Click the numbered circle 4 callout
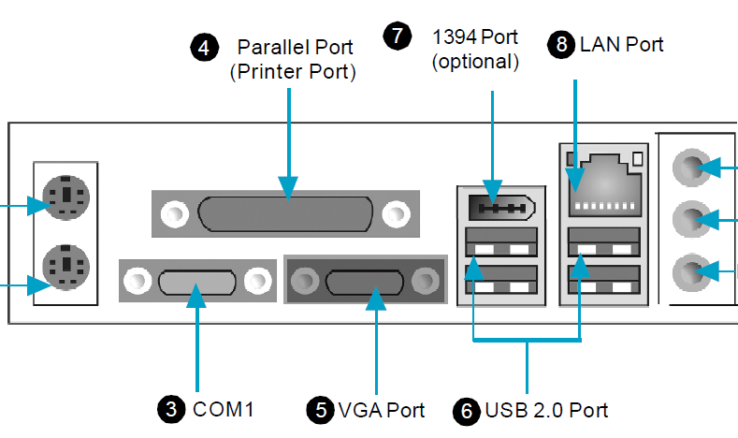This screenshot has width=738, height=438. point(204,47)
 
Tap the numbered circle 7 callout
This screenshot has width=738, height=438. point(398,36)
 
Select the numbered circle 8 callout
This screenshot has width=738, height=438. point(561,45)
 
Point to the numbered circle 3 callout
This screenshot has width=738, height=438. point(169,409)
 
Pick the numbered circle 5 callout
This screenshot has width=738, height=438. point(321,409)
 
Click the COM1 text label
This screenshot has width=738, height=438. point(224,409)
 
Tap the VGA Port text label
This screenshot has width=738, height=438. point(382,409)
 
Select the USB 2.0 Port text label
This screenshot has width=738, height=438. point(547,410)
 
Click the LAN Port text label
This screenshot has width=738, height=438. point(622,44)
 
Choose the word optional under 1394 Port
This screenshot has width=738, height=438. point(474,63)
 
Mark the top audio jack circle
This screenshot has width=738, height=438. point(690,168)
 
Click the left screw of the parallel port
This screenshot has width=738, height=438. point(174,213)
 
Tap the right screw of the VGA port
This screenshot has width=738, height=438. point(427,278)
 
